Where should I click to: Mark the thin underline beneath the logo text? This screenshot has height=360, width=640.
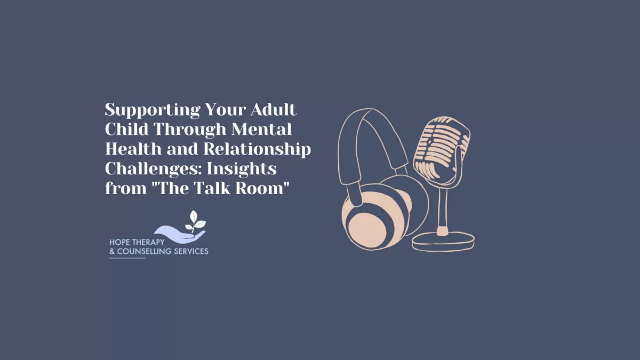[x=127, y=258]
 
